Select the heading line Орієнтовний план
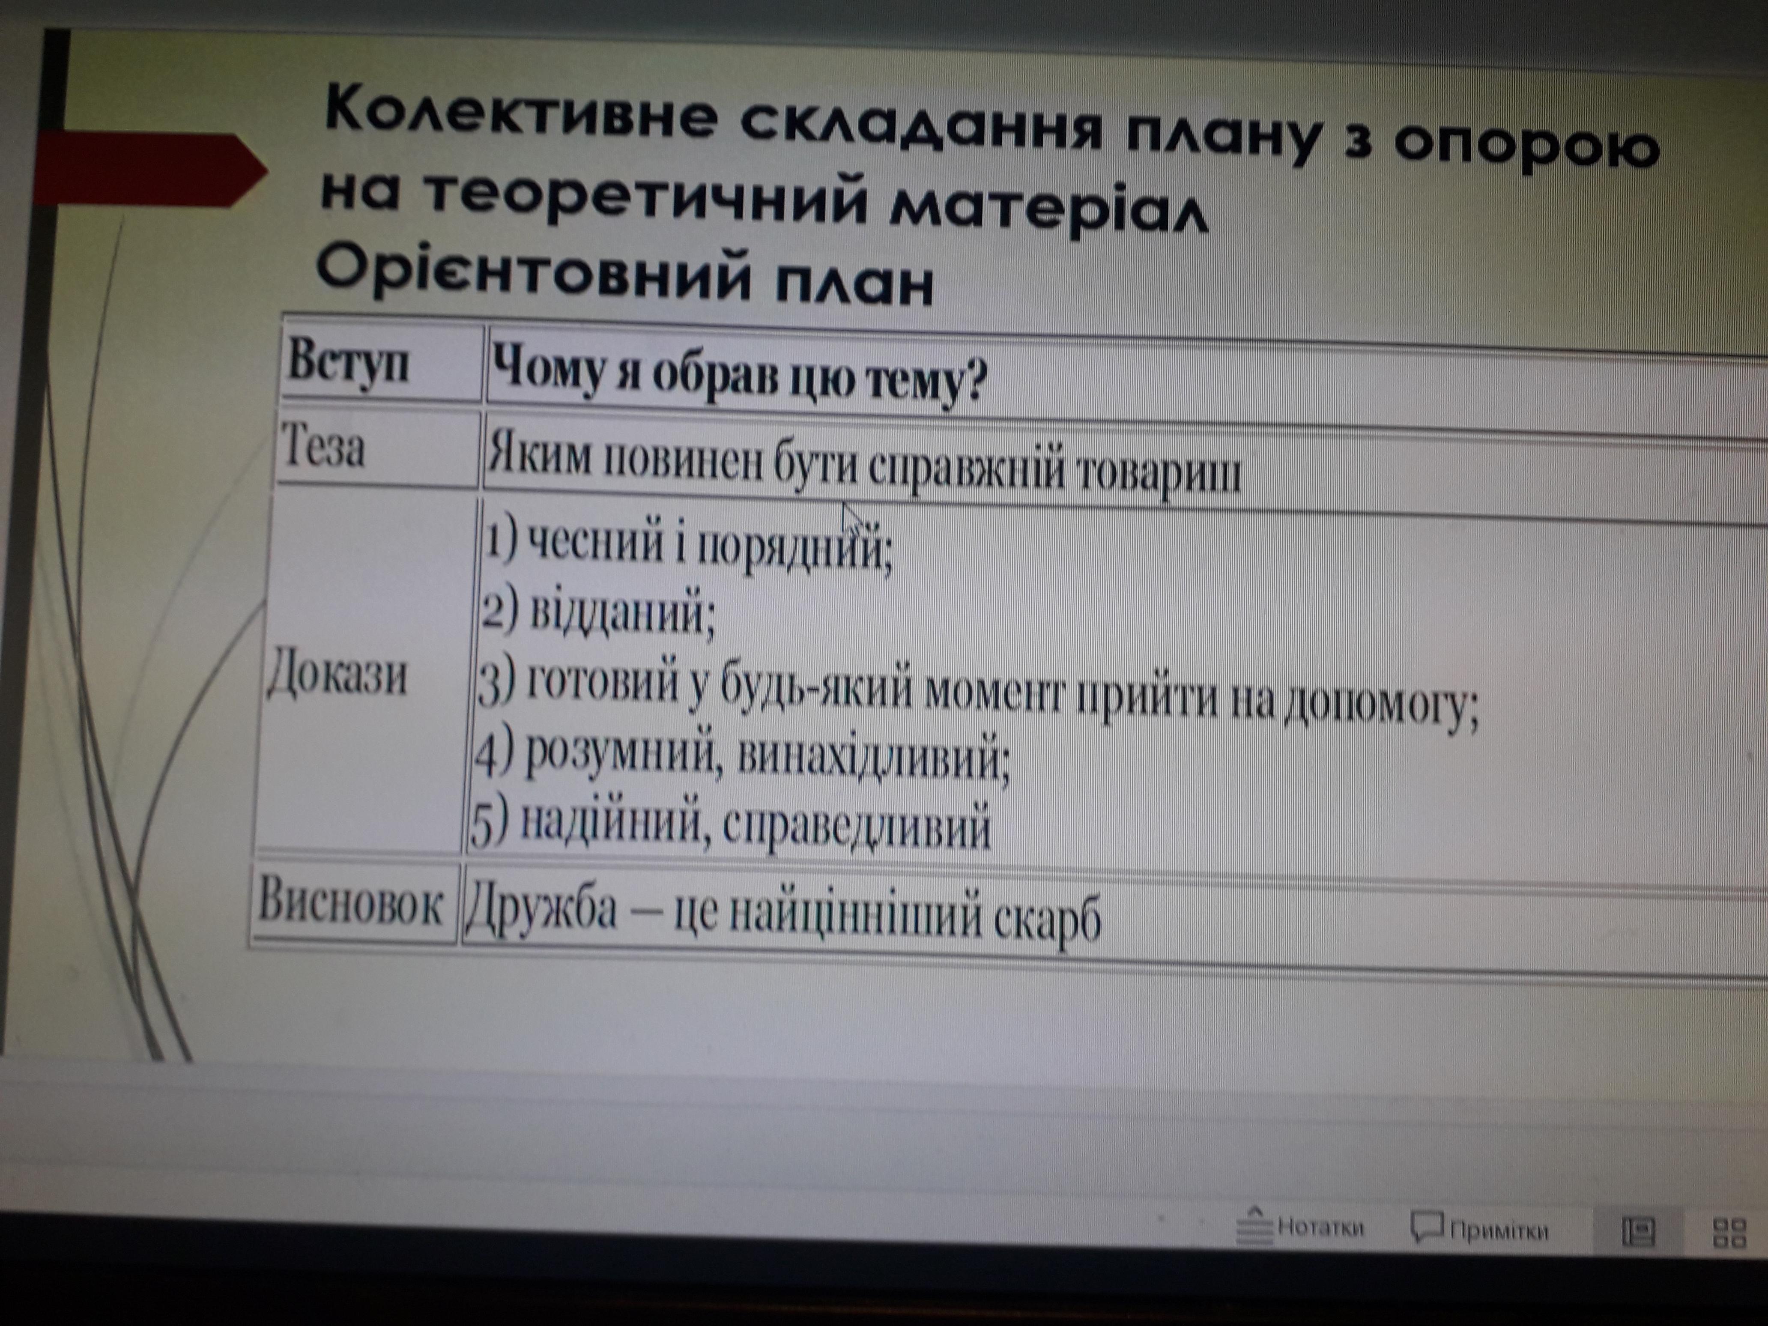click(624, 274)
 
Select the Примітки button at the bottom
click(1480, 1229)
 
